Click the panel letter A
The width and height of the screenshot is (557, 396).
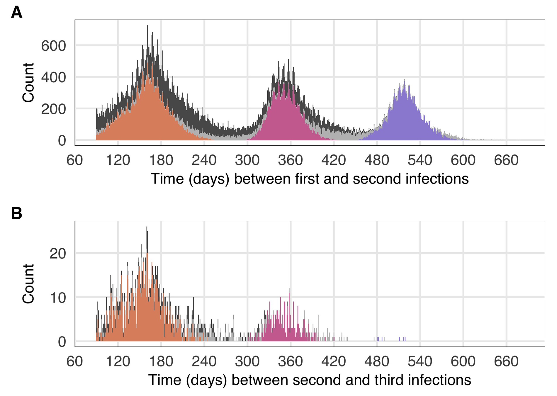point(17,13)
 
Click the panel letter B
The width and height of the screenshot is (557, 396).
point(17,213)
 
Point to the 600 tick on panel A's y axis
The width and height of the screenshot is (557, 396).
point(54,46)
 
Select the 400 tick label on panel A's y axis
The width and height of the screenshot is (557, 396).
point(54,78)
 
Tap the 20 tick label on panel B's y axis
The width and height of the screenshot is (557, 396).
point(58,254)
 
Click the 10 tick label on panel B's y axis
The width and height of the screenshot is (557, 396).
point(58,298)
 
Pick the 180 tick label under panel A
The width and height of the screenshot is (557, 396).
point(161,160)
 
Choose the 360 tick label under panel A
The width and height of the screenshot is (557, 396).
point(290,160)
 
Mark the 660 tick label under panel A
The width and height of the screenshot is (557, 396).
point(506,160)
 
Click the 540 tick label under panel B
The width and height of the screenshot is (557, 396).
point(420,361)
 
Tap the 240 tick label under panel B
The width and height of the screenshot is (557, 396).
point(204,361)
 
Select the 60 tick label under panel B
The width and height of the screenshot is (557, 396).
point(75,361)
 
